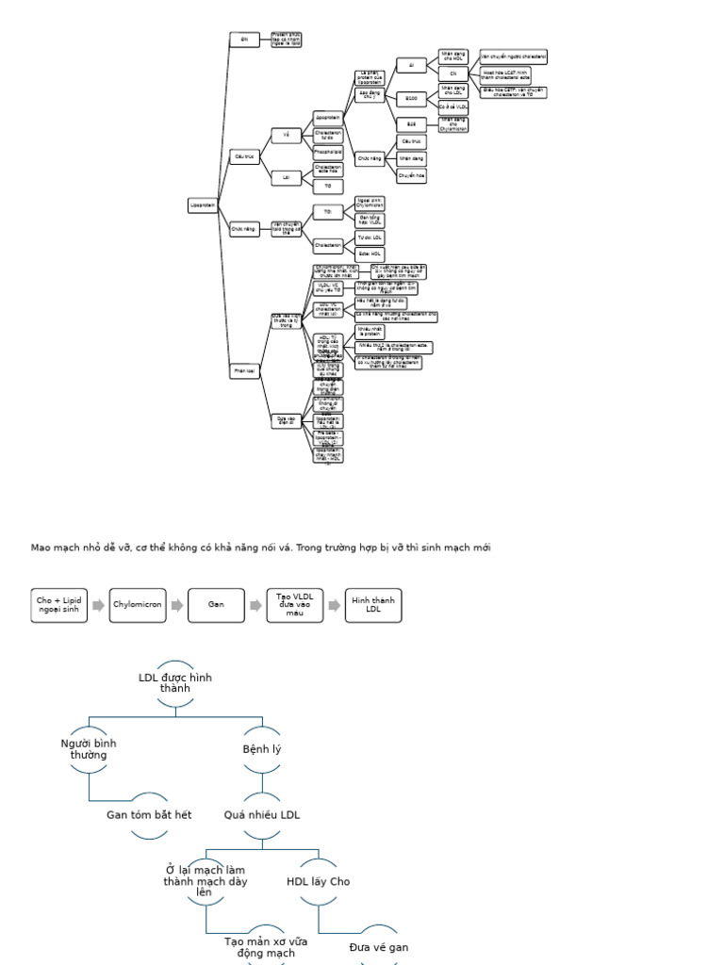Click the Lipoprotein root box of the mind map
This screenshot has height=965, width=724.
203,204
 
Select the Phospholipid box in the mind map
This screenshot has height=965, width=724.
327,150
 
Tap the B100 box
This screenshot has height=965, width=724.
411,98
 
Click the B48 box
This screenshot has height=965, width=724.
411,123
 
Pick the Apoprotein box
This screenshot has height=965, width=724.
327,117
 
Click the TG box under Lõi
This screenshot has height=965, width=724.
327,186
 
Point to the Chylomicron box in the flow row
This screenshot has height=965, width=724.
138,605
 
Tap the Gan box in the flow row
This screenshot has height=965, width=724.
216,605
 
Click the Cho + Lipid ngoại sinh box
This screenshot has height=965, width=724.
58,605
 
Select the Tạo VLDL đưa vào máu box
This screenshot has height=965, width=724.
295,605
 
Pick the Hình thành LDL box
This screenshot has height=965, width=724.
373,605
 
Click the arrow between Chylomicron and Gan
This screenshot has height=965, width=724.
176,605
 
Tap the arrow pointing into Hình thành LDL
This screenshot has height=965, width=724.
334,605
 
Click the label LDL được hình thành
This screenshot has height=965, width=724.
175,682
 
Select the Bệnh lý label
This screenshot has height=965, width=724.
262,749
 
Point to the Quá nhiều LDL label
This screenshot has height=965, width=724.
262,814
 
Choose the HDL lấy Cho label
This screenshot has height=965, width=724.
318,881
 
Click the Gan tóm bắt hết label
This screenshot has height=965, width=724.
149,814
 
